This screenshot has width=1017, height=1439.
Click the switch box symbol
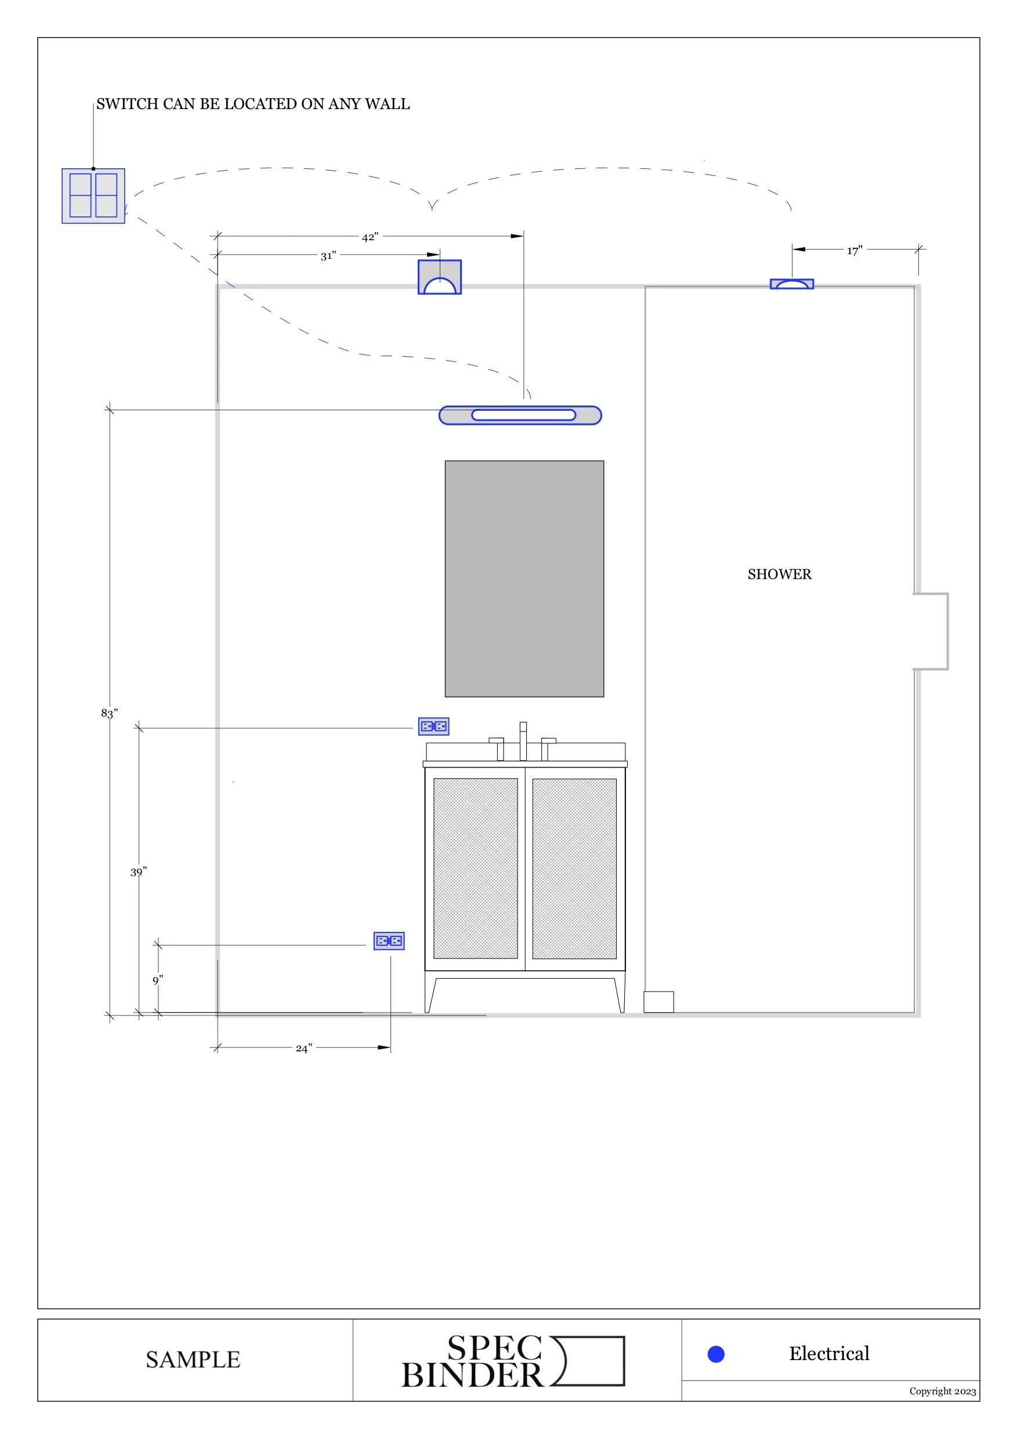93,196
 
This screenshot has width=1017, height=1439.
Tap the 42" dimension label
370,237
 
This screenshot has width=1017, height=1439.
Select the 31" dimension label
328,256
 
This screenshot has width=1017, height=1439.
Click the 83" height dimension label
109,713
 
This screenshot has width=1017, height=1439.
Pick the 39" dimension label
139,872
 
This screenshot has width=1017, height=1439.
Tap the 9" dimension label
158,980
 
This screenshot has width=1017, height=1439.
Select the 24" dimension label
304,1048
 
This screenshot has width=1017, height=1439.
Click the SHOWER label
780,574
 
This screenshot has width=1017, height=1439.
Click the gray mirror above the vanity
524,579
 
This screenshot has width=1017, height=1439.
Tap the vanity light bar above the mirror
520,415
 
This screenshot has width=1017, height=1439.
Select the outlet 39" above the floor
433,726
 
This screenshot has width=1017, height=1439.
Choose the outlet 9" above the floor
389,941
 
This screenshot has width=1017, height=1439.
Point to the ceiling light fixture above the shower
792,284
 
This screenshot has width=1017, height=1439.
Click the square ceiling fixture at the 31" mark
440,277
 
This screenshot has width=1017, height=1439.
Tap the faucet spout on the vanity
523,741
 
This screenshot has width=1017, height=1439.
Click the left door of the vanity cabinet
476,868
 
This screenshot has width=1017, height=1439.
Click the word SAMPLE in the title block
193,1360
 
